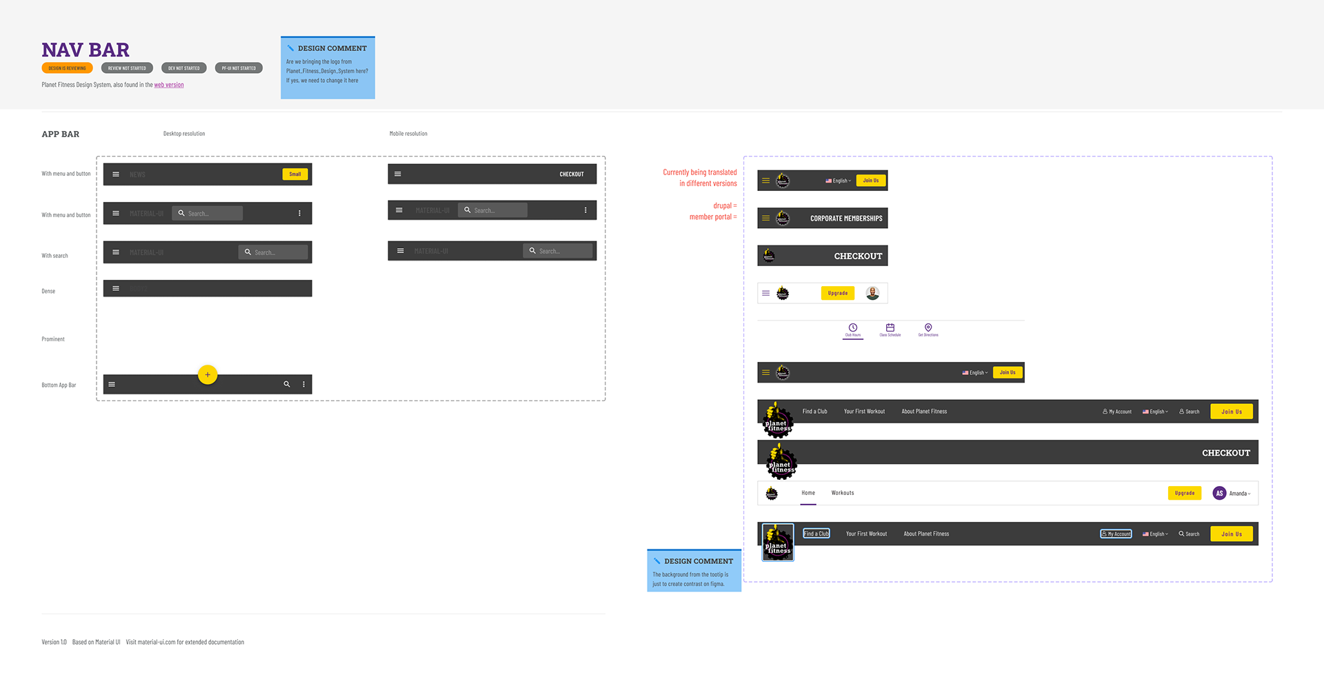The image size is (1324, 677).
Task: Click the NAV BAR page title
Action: click(x=86, y=50)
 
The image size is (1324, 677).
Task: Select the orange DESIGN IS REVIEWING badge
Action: click(x=67, y=68)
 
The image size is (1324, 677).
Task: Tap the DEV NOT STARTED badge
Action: click(x=183, y=68)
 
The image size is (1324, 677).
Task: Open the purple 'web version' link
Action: click(x=169, y=85)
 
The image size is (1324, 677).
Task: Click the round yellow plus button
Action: click(x=208, y=374)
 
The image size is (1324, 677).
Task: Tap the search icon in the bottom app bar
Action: click(x=287, y=384)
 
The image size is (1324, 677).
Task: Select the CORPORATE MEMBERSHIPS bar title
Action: click(x=846, y=219)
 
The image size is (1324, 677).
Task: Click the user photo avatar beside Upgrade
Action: click(x=872, y=293)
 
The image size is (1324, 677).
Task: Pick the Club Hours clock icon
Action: click(x=853, y=327)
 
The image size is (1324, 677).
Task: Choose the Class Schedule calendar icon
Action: click(x=890, y=327)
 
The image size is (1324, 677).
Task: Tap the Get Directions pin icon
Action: click(x=928, y=327)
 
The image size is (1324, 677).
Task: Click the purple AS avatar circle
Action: click(x=1219, y=493)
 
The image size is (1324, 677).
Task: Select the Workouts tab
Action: click(x=843, y=493)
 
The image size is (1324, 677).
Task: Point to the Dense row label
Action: click(x=48, y=292)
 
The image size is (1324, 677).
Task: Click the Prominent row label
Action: click(x=53, y=339)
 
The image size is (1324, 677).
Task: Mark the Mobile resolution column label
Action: click(x=408, y=134)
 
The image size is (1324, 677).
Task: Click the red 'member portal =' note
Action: click(x=713, y=217)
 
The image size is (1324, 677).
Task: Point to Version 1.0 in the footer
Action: click(x=54, y=642)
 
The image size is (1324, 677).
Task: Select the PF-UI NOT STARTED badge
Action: click(x=239, y=68)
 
